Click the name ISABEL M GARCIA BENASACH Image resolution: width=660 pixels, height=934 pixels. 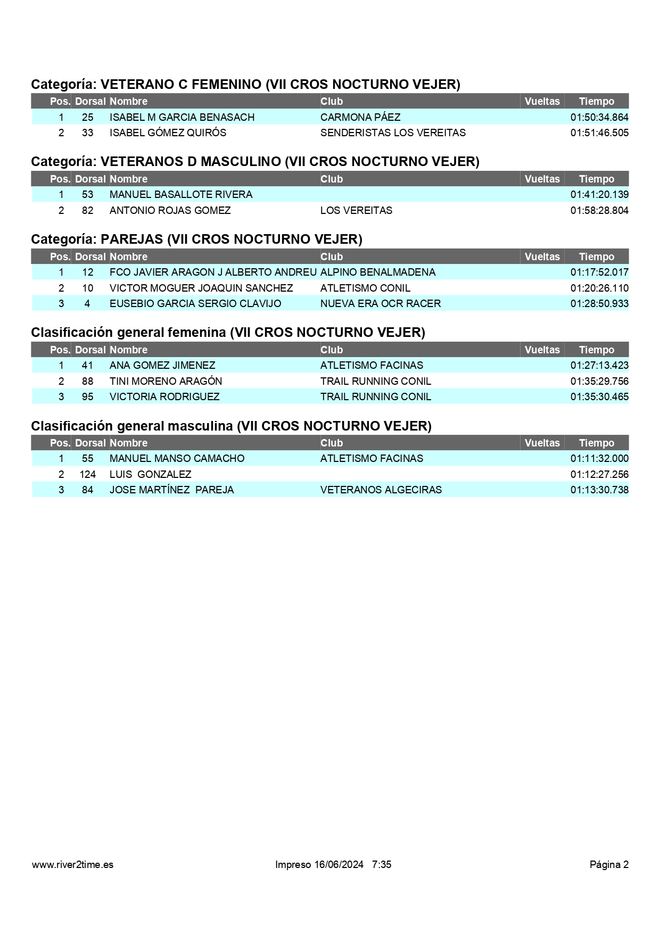click(x=182, y=117)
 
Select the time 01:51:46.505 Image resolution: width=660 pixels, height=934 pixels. click(x=599, y=133)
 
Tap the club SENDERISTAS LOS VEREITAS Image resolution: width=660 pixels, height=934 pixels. click(x=393, y=133)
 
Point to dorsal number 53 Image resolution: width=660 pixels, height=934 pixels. click(x=87, y=194)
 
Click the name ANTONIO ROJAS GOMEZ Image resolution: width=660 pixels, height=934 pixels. click(x=170, y=210)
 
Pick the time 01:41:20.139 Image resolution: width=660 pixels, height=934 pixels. click(x=599, y=194)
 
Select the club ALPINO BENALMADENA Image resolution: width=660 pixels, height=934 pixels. click(x=377, y=272)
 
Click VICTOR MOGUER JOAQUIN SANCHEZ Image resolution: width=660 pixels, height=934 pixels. click(x=201, y=288)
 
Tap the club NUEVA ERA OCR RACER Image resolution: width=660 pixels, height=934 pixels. click(x=380, y=303)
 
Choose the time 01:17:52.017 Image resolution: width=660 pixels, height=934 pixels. click(x=599, y=272)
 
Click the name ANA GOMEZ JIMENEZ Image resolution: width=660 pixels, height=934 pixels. click(x=162, y=365)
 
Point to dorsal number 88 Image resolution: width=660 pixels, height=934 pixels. click(x=87, y=381)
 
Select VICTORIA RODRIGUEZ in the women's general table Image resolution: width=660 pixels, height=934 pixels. click(x=164, y=396)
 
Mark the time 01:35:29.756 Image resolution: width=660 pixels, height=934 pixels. click(x=599, y=381)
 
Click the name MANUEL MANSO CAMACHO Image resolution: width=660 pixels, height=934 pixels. click(x=177, y=458)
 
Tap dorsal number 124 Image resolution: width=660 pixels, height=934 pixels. click(x=87, y=474)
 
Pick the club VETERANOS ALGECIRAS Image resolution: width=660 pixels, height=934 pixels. click(x=381, y=490)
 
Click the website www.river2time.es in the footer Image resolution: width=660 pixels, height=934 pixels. click(x=72, y=864)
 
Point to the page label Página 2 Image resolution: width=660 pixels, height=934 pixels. click(x=608, y=864)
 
